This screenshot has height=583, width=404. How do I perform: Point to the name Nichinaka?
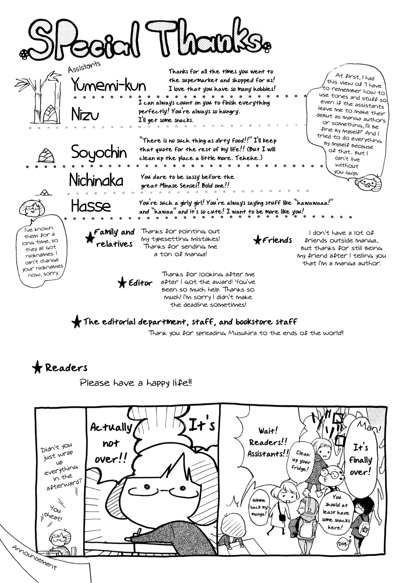tap(96, 180)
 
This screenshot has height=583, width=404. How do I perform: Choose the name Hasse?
tap(91, 206)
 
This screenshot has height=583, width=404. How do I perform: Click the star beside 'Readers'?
tap(37, 367)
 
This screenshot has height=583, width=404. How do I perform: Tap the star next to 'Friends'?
tap(258, 240)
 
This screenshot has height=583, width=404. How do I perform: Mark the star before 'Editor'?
tap(122, 283)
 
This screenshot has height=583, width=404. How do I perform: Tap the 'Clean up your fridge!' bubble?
tap(302, 461)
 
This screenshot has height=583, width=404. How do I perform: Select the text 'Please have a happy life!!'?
tap(136, 383)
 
